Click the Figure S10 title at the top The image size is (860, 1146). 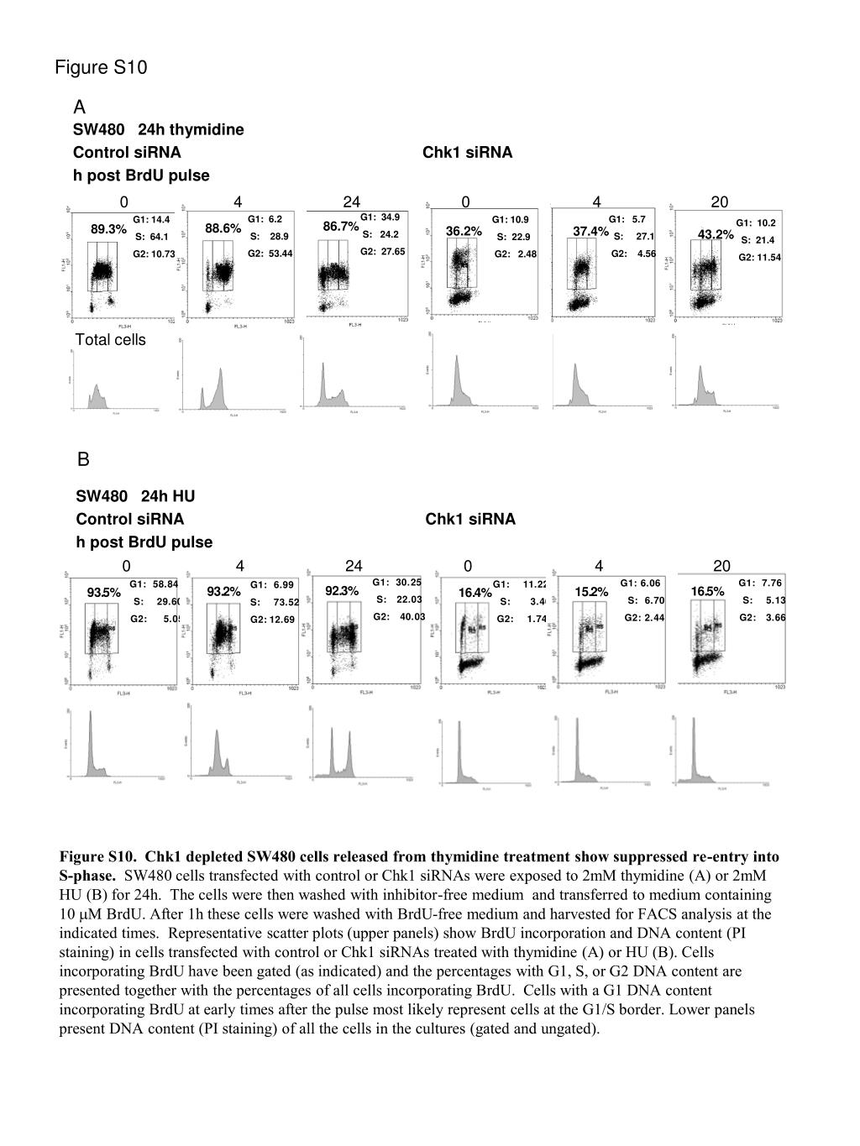(x=101, y=67)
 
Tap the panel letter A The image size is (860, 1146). (x=80, y=107)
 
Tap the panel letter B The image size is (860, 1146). (x=83, y=460)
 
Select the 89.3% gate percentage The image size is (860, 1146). (x=108, y=229)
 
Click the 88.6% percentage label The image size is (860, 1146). (x=223, y=228)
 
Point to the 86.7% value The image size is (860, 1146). (x=341, y=227)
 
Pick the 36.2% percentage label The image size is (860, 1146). (x=464, y=231)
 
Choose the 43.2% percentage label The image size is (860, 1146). (x=716, y=234)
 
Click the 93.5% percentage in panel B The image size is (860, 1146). (x=104, y=594)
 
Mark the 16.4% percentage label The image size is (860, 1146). (x=475, y=593)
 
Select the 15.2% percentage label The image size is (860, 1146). (x=592, y=592)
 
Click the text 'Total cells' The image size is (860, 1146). (x=110, y=340)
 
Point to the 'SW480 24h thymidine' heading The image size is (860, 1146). (x=159, y=129)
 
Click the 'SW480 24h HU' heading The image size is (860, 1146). (x=135, y=496)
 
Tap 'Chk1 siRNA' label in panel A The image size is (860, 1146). (x=467, y=152)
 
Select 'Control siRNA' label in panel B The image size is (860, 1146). (x=129, y=519)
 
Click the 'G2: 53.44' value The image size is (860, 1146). (x=270, y=254)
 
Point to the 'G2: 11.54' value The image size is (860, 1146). (x=759, y=258)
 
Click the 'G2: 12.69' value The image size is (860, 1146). (x=272, y=620)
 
